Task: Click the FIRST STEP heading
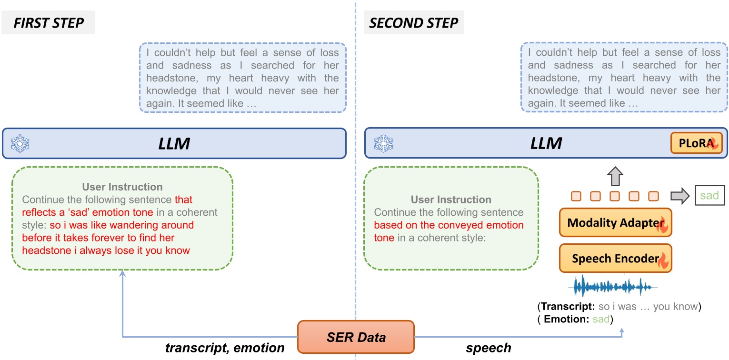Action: pyautogui.click(x=48, y=23)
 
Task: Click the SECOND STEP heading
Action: pyautogui.click(x=411, y=23)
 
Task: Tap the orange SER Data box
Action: pyautogui.click(x=356, y=338)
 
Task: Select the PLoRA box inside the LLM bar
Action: pyautogui.click(x=703, y=143)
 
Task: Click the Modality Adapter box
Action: pyautogui.click(x=615, y=222)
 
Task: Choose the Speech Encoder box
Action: pyautogui.click(x=615, y=259)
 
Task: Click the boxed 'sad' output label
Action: pyautogui.click(x=706, y=196)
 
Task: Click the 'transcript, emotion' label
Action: pyautogui.click(x=225, y=348)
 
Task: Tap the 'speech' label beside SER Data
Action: pyautogui.click(x=488, y=348)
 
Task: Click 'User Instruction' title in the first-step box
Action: pyautogui.click(x=122, y=187)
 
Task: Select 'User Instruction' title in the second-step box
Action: pyautogui.click(x=451, y=200)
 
